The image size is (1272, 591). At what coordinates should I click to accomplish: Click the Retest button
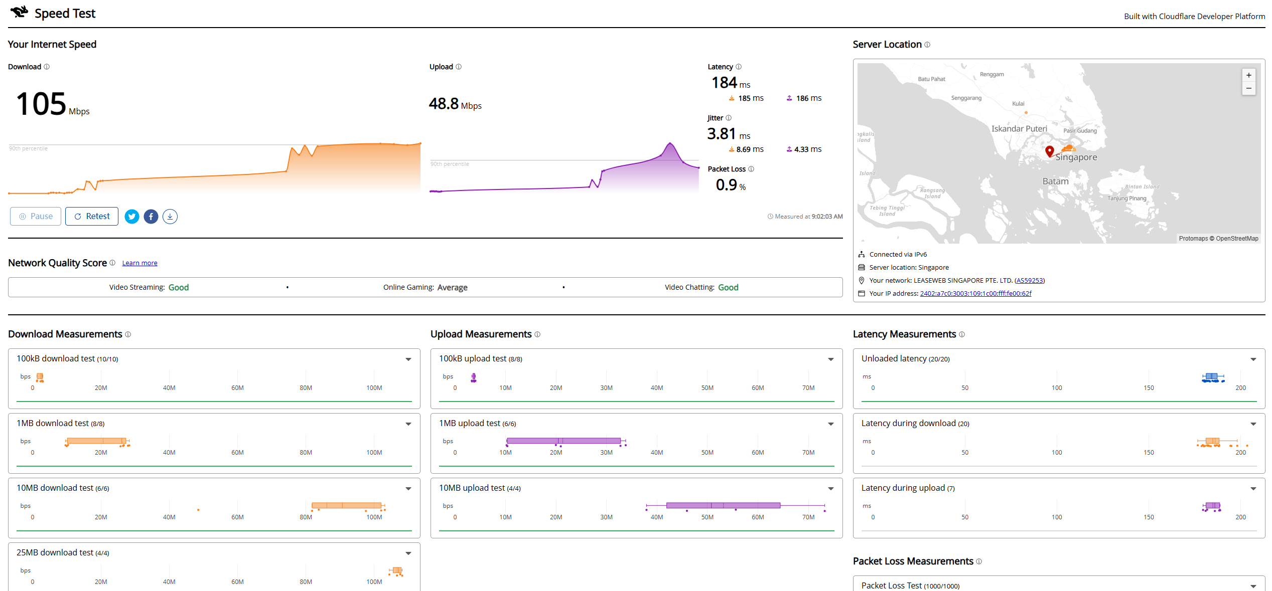(92, 217)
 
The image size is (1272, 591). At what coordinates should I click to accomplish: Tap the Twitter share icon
(132, 217)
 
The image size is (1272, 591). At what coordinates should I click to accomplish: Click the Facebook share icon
(151, 217)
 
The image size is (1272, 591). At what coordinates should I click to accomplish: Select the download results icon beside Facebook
(170, 217)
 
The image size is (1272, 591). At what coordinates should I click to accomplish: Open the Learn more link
(139, 263)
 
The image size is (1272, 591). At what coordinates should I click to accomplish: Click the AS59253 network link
(1030, 281)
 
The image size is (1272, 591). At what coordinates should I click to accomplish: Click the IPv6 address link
(975, 294)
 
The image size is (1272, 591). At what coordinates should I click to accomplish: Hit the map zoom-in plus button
(1249, 75)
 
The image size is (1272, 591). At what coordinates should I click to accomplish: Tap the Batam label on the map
(1055, 181)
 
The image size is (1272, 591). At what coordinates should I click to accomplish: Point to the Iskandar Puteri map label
(1019, 129)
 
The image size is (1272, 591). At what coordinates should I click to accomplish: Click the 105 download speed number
(41, 104)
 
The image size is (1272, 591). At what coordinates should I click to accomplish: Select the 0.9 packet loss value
(726, 185)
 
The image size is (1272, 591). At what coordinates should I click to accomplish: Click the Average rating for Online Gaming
(452, 288)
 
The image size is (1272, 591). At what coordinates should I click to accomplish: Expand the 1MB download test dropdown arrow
(408, 424)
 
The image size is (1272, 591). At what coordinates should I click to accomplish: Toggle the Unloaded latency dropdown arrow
(1253, 359)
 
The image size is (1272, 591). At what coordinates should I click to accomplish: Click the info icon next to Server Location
(927, 45)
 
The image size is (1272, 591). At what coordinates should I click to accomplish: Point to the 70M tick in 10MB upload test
(808, 517)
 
